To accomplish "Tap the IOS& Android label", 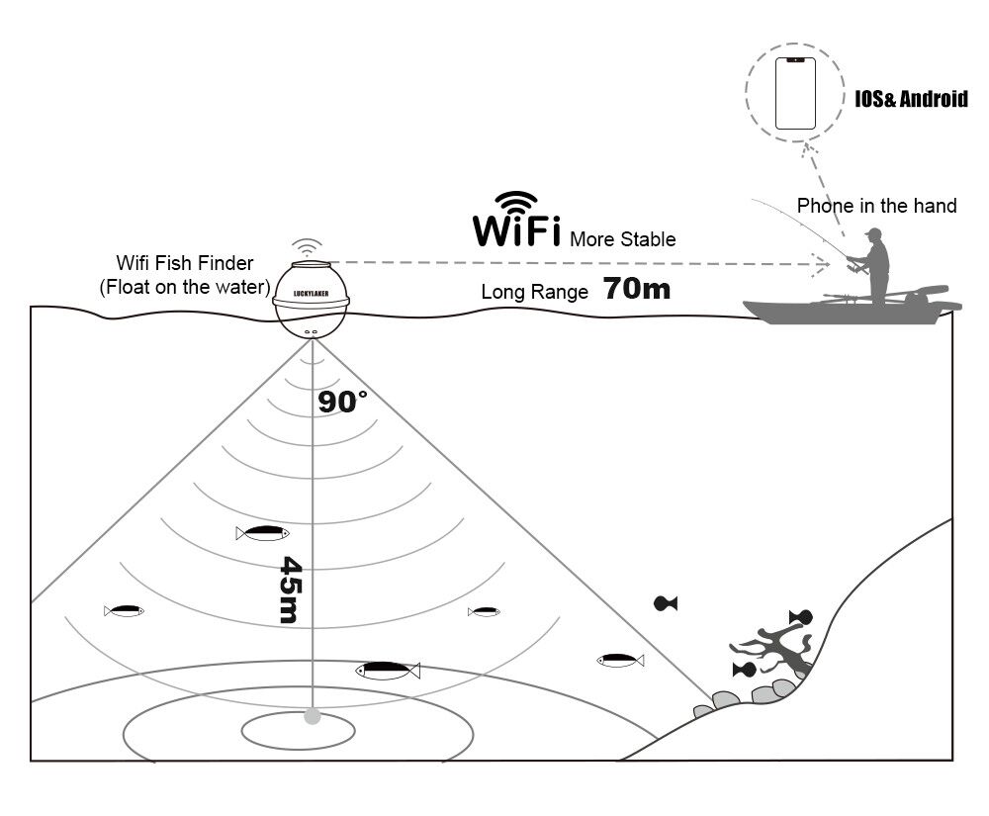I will click(x=911, y=100).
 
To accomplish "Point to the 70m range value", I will click(x=636, y=289).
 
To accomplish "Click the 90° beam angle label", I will click(x=342, y=401).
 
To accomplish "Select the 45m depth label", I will click(x=290, y=589).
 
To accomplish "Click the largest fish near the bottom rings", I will click(x=387, y=671).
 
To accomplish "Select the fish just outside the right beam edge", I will click(x=620, y=659).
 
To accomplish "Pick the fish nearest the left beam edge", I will click(x=125, y=610).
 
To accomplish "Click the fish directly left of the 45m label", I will click(x=263, y=533).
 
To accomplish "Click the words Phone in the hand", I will click(x=876, y=206).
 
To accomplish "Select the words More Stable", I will click(x=623, y=239).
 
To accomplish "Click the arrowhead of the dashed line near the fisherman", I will click(x=822, y=263).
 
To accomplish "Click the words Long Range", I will click(x=535, y=292).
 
